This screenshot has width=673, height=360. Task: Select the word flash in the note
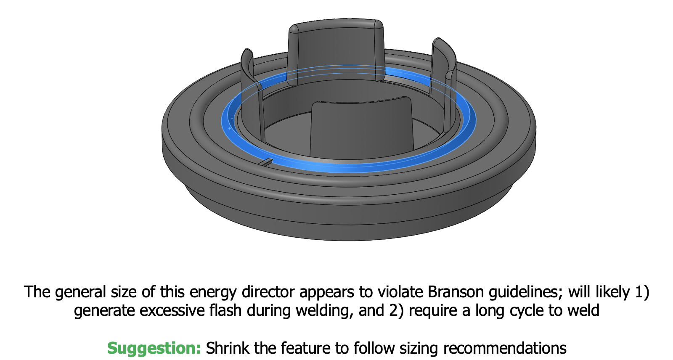220,310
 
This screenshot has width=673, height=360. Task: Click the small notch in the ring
266,162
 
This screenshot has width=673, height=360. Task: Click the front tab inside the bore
362,126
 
